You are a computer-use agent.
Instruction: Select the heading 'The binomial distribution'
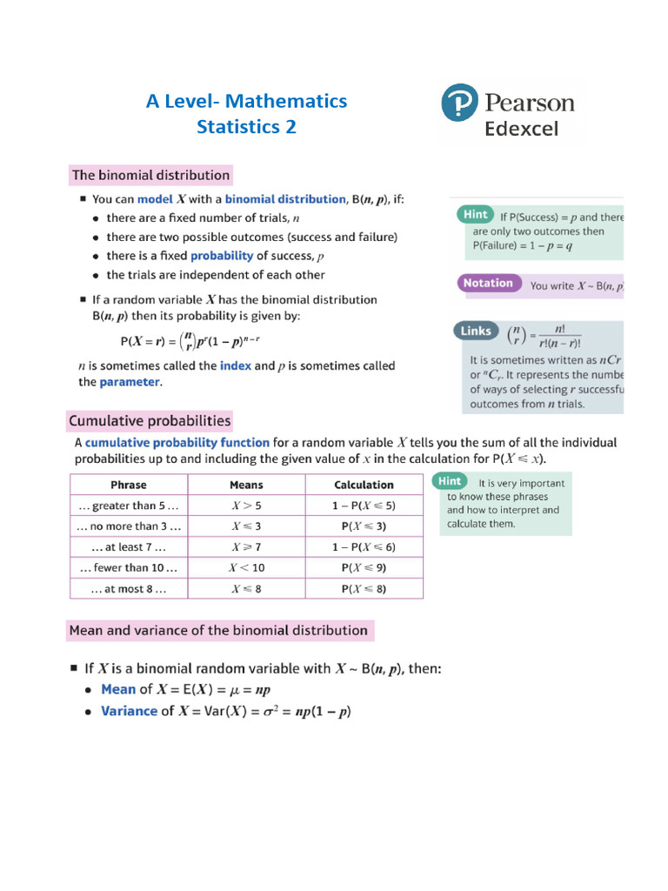click(x=150, y=175)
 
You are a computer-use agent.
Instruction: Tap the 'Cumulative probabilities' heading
click(x=150, y=421)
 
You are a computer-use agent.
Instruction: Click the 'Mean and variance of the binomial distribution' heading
click(x=218, y=630)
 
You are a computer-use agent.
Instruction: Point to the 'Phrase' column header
click(x=129, y=485)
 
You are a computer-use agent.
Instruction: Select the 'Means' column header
click(x=246, y=485)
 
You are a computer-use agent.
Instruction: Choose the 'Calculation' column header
click(x=364, y=485)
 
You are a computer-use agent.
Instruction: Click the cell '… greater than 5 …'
click(x=129, y=506)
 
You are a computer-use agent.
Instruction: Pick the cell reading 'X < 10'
click(x=246, y=567)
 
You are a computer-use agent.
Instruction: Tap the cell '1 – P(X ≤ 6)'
click(x=364, y=547)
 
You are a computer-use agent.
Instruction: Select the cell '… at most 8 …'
click(x=129, y=589)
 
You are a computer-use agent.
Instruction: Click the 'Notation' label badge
click(x=488, y=284)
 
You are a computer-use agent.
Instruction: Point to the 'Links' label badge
click(x=476, y=332)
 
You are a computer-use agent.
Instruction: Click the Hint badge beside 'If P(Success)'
click(x=475, y=214)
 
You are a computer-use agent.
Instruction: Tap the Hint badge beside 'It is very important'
click(x=450, y=481)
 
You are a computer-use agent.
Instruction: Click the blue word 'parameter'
click(x=130, y=382)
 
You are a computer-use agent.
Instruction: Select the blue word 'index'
click(x=235, y=365)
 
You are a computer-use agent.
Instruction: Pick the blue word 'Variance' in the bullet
click(x=129, y=711)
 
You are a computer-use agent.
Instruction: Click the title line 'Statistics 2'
click(x=246, y=127)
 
